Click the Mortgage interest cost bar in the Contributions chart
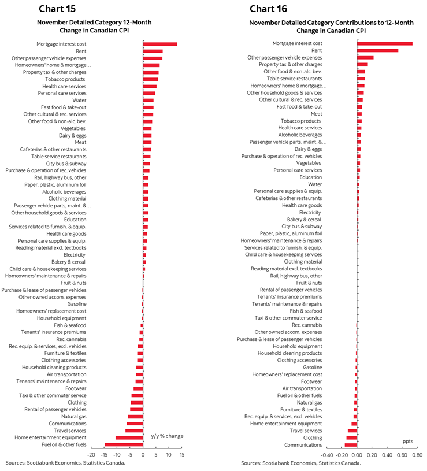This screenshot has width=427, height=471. pos(384,43)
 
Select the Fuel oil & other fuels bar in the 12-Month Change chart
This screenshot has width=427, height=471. pos(124,444)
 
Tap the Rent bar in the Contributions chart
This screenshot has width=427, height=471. pos(377,50)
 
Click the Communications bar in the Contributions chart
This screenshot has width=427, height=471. pos(350,444)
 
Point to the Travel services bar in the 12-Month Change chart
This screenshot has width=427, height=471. pos(134,431)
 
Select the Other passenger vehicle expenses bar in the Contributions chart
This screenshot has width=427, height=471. pos(365,58)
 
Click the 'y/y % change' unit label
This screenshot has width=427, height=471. pos(167,436)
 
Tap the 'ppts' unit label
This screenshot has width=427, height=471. pos(408,441)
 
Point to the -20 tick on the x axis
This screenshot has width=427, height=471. pos(91,455)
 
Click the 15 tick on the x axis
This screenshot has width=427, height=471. pos(182,455)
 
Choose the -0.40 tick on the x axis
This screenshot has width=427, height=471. pos(327,455)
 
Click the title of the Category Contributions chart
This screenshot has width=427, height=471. pos(331,27)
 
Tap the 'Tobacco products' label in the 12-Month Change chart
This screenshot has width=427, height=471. pos(69,79)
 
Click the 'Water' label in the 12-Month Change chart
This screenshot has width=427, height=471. pos(79,100)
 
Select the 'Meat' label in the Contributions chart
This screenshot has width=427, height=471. pos(316,114)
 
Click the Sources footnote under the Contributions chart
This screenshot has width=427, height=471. pos(300,463)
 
